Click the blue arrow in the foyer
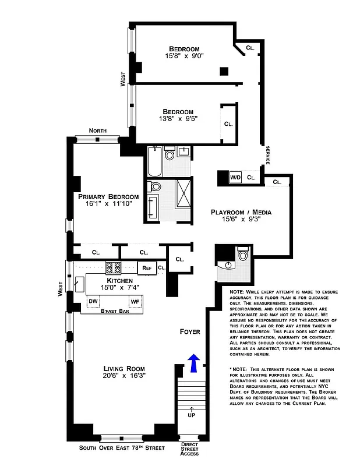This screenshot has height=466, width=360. [194, 363]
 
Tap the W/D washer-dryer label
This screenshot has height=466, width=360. [236, 177]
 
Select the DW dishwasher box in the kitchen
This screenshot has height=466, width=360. [93, 301]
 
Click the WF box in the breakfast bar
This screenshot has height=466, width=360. [135, 301]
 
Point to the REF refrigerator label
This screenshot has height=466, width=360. [146, 268]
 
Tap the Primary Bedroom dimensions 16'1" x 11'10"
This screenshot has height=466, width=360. [108, 204]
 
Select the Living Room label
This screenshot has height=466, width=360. [124, 368]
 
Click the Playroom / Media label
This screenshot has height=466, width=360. [241, 212]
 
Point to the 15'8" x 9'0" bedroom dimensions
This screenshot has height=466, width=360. [184, 57]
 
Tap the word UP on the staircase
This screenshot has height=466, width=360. [191, 416]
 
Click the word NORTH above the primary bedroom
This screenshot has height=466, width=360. [98, 130]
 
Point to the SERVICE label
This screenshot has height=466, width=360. [267, 155]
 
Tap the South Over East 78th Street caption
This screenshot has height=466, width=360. [122, 448]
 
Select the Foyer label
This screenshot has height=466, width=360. [190, 331]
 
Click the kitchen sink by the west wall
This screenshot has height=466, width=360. [78, 284]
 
